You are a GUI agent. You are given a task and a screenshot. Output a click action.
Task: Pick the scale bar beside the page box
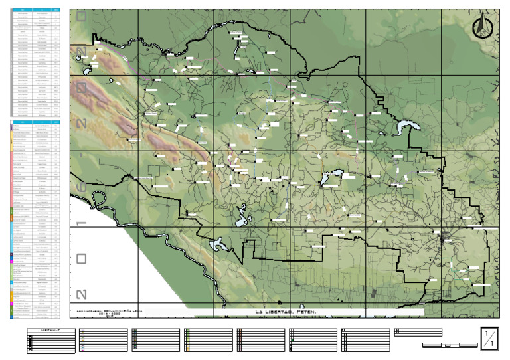pyautogui.click(x=449, y=345)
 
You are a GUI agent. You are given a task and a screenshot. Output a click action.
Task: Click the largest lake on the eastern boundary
pyautogui.click(x=404, y=127)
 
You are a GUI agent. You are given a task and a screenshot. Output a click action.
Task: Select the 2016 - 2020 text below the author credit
pyautogui.click(x=108, y=314)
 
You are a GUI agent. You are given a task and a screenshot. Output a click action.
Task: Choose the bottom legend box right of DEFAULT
pyautogui.click(x=104, y=339)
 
